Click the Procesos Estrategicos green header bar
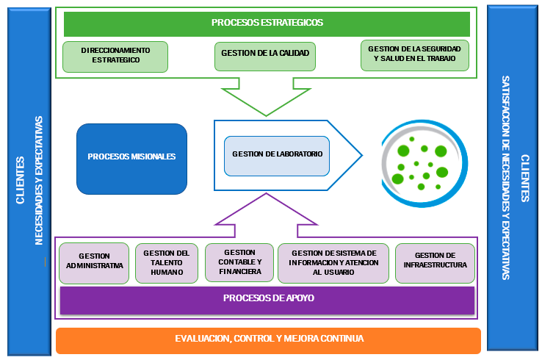[267, 23]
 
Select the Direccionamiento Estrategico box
[115, 57]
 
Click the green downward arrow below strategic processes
[266, 95]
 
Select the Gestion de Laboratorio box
[278, 155]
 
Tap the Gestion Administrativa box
[94, 262]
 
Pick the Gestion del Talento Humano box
[167, 262]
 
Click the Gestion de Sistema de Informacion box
[333, 262]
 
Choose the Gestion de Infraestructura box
[436, 262]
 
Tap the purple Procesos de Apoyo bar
[267, 299]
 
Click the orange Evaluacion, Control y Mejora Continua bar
[268, 339]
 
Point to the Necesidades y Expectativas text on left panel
[39, 180]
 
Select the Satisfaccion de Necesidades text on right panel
[505, 177]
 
